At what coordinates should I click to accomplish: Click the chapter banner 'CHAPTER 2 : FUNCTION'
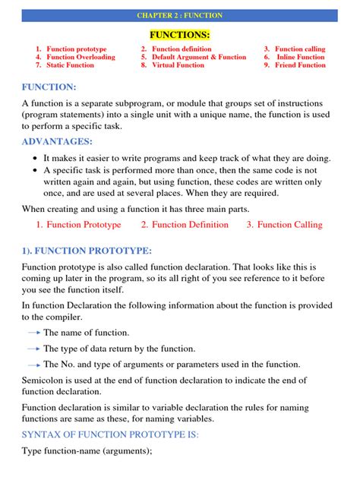click(179, 15)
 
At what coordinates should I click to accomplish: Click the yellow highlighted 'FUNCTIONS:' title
click(179, 34)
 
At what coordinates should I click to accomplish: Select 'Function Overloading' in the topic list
click(81, 57)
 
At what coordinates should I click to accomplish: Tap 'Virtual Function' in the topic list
click(178, 65)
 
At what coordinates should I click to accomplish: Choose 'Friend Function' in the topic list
click(300, 65)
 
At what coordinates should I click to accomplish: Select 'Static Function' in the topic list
click(70, 65)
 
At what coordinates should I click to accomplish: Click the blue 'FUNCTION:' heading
click(49, 87)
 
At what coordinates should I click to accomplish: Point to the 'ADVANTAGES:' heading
click(57, 142)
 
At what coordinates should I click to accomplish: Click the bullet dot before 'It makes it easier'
click(36, 159)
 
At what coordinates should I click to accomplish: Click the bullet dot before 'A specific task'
click(36, 171)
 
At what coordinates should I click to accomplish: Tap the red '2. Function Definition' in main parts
click(185, 225)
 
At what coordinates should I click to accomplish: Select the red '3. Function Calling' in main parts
click(284, 225)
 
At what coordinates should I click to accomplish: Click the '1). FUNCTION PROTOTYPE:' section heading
click(87, 251)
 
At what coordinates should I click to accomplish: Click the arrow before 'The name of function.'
click(33, 333)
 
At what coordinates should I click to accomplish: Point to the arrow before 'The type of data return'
click(33, 349)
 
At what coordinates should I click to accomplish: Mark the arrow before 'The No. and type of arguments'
click(33, 365)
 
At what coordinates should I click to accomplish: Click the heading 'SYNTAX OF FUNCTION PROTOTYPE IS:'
click(110, 434)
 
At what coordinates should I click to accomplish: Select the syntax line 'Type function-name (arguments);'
click(87, 451)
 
